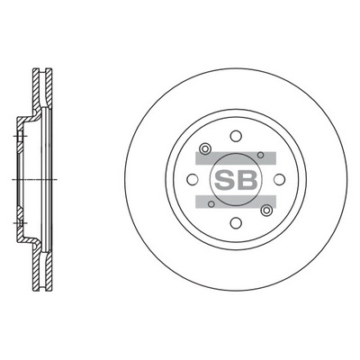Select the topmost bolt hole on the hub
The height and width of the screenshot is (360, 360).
234,136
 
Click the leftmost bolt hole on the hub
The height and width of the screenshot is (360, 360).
193,165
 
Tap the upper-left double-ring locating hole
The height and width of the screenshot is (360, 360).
206,148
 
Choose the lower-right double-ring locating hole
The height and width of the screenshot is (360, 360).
265,210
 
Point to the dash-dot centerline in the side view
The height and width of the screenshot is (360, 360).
27,180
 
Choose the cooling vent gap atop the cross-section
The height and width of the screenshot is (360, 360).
39,74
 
